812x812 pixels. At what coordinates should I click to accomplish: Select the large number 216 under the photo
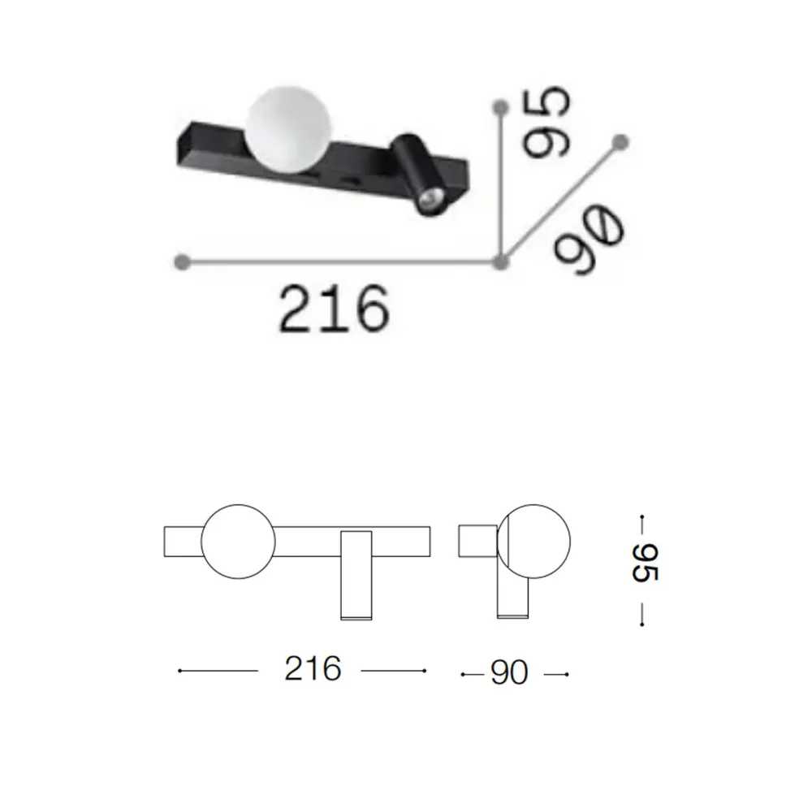[330, 309]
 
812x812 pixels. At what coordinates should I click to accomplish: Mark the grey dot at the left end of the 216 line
[183, 261]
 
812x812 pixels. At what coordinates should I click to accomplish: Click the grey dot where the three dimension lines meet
[501, 261]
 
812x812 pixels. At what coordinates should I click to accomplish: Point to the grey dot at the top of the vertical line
[501, 106]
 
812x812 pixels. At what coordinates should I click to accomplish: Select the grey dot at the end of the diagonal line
[622, 141]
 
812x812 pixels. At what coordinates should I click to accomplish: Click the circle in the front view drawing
[238, 545]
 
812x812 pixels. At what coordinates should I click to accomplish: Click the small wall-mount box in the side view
[477, 542]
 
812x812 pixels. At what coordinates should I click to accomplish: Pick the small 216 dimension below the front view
[312, 670]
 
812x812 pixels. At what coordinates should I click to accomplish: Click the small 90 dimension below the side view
[509, 673]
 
